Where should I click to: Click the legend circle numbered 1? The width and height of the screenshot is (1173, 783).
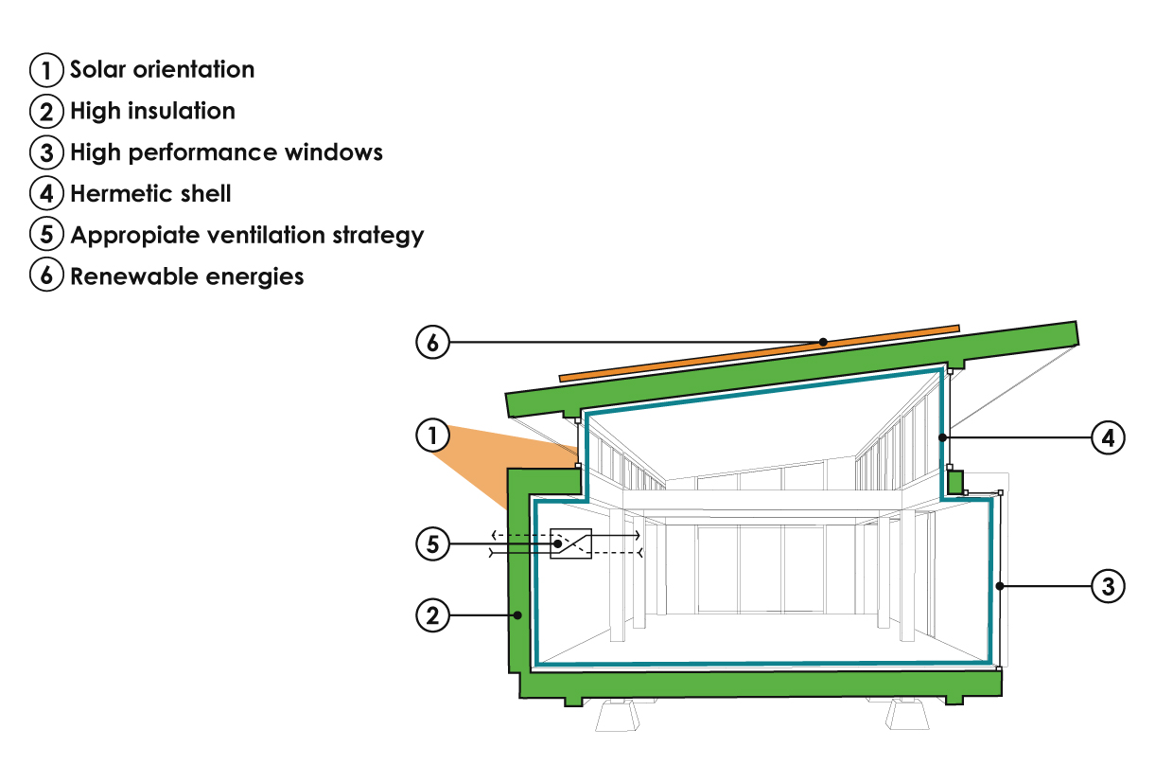(x=46, y=70)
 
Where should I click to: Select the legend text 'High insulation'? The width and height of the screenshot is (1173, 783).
(x=152, y=111)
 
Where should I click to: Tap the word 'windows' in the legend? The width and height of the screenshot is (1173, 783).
(x=334, y=152)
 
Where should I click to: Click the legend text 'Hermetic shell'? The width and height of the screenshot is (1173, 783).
(x=150, y=193)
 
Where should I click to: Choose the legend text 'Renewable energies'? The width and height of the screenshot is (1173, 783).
(x=187, y=276)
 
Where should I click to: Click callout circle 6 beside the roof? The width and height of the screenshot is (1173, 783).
(x=432, y=342)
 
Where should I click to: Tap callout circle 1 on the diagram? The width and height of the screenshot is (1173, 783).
(x=432, y=435)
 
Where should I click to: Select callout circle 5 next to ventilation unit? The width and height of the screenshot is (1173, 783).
(x=432, y=544)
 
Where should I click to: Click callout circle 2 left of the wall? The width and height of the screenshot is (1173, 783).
(x=432, y=615)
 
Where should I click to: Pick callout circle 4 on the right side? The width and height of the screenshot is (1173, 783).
(x=1108, y=437)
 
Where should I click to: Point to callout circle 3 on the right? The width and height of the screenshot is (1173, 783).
(x=1108, y=586)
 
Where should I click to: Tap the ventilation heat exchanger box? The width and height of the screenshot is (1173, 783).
(x=570, y=543)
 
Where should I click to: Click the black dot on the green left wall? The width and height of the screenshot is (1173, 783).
(x=517, y=615)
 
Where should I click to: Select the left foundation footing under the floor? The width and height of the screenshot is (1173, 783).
(x=618, y=715)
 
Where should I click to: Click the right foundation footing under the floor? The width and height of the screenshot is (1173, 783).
(x=907, y=714)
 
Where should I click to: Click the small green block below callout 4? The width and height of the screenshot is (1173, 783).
(x=956, y=482)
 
